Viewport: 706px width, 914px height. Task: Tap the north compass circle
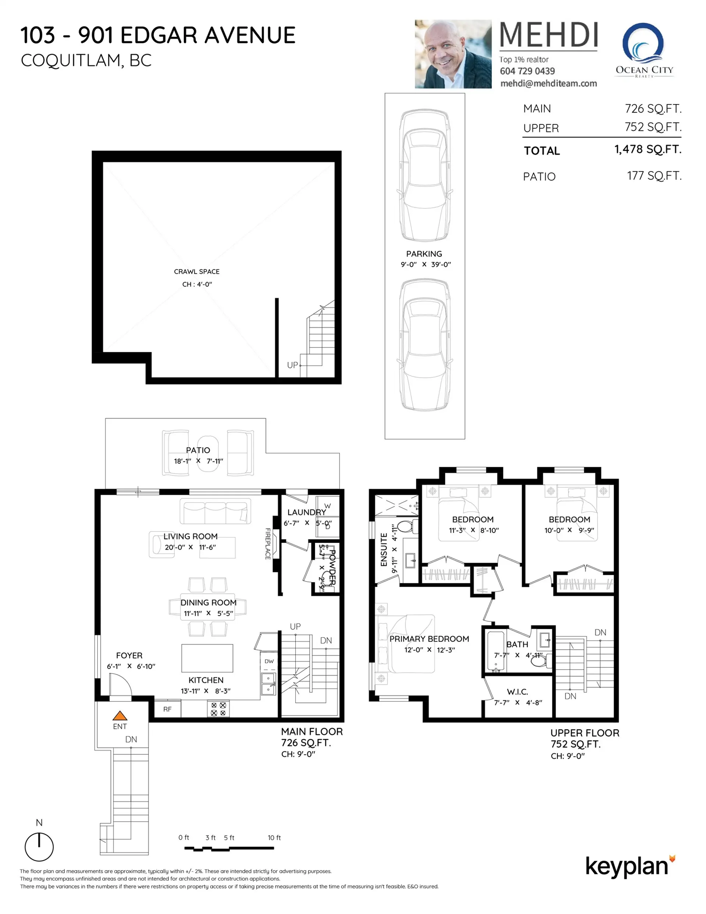coord(39,847)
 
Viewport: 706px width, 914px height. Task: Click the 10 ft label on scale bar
coord(274,837)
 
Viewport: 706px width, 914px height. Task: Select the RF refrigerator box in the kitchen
coord(167,709)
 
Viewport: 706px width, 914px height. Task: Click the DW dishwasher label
coord(269,661)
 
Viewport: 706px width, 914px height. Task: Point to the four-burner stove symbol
coord(218,709)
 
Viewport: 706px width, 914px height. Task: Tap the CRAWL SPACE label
coord(197,271)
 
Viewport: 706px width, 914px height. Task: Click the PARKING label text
coord(424,254)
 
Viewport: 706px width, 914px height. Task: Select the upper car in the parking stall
coord(425,176)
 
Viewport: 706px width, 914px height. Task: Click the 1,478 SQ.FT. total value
coord(648,149)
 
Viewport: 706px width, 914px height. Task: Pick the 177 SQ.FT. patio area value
coord(654,176)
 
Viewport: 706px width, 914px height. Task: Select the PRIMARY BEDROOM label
coord(429,639)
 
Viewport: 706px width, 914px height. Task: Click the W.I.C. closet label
coord(517,692)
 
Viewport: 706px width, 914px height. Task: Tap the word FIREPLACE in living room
coord(268,544)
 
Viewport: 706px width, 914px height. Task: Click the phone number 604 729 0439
coord(527,71)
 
